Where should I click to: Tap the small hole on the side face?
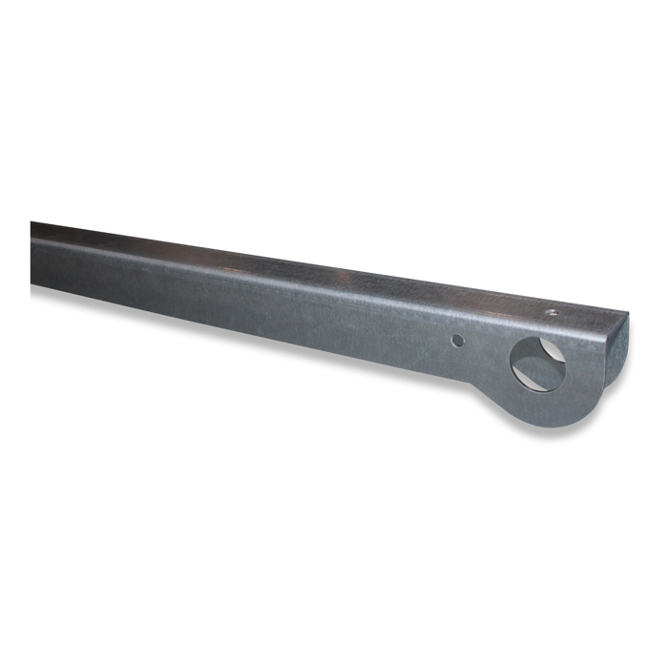(458, 340)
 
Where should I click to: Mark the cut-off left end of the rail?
(32, 254)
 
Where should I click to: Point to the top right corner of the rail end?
(629, 316)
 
